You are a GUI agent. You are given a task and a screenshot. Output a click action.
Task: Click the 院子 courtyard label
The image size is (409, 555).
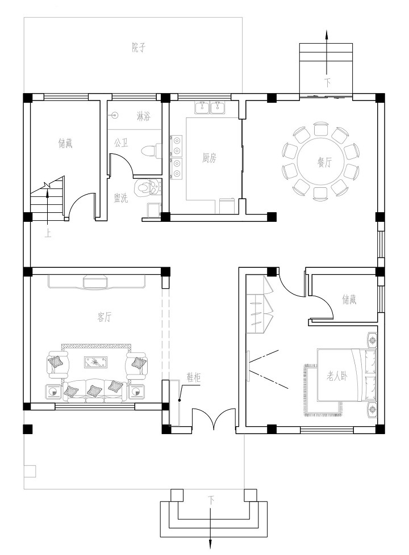(x=139, y=48)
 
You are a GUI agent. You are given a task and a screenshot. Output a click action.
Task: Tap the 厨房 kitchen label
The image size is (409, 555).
(x=208, y=158)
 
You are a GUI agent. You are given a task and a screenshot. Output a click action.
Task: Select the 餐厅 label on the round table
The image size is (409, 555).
(x=324, y=162)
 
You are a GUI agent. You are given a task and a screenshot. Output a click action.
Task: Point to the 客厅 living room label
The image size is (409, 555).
(x=104, y=317)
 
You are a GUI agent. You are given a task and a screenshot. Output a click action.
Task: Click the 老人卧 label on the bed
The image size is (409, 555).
(x=337, y=376)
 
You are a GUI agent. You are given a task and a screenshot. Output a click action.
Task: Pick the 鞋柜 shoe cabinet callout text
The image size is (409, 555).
(x=194, y=378)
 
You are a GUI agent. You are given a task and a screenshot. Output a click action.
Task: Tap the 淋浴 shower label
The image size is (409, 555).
(x=143, y=116)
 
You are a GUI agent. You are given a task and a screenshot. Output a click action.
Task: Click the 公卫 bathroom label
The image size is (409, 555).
(x=121, y=143)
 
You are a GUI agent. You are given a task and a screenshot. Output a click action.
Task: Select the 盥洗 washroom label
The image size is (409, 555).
(x=121, y=198)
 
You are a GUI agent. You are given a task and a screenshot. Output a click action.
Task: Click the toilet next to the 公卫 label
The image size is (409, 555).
(x=151, y=150)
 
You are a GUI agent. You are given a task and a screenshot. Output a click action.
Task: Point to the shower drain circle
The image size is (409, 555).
(x=114, y=115)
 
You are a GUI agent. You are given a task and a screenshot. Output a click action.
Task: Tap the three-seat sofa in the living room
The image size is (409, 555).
(x=95, y=391)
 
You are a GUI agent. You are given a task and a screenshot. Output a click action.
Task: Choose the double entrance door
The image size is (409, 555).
(x=214, y=419)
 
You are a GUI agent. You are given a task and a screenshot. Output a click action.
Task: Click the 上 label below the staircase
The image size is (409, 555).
(x=48, y=234)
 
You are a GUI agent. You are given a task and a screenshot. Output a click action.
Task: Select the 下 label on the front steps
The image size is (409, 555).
(x=211, y=500)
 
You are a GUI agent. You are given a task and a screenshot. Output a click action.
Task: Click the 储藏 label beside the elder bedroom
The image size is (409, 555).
(x=349, y=300)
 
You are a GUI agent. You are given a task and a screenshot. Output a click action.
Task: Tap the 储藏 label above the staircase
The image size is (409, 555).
(x=65, y=143)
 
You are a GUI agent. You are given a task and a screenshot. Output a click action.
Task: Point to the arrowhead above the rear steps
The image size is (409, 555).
(x=327, y=35)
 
